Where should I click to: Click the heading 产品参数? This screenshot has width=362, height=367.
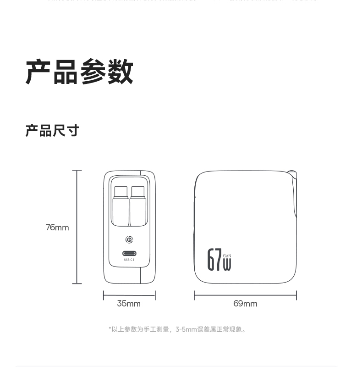[x=79, y=72]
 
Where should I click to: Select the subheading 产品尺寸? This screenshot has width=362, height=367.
[x=52, y=131]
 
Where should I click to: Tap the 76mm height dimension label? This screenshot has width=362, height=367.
[x=57, y=227]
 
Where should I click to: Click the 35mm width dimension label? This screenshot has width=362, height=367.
[x=129, y=303]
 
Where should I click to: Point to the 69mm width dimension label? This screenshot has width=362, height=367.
[x=245, y=303]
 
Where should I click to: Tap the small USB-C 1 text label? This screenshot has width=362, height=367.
[x=129, y=260]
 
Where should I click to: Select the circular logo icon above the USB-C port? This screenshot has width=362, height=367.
[x=129, y=239]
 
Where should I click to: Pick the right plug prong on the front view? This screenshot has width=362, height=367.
[x=138, y=206]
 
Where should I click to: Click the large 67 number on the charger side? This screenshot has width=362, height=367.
[x=214, y=260]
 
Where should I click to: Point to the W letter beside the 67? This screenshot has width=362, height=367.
[x=227, y=264]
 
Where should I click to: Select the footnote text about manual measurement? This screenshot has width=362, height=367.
[x=177, y=329]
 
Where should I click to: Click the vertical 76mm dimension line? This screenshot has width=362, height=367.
[x=77, y=227]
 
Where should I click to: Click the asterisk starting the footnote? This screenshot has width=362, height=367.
[x=110, y=328]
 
